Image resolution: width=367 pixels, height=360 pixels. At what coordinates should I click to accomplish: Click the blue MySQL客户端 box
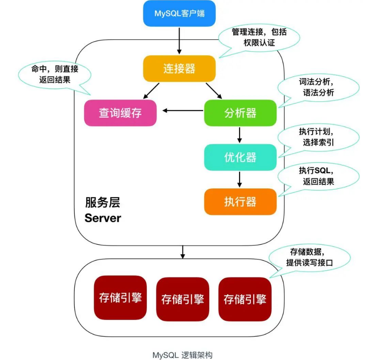point(180,13)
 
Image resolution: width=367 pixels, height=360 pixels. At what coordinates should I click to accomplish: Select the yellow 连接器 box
point(180,68)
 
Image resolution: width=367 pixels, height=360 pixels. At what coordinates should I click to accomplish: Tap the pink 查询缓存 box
point(121,113)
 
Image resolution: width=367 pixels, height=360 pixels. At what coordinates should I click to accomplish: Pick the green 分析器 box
point(240,113)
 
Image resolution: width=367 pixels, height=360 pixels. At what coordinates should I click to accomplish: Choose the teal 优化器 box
point(240,157)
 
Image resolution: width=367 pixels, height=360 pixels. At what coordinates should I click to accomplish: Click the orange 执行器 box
point(240,202)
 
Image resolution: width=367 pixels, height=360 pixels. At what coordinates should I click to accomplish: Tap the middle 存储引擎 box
point(183,299)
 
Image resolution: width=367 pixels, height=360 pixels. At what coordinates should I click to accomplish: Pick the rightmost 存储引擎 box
point(245,299)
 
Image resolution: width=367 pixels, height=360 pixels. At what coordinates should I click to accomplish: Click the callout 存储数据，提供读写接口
point(309,257)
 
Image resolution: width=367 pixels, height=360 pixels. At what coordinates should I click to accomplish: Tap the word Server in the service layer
point(103,218)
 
